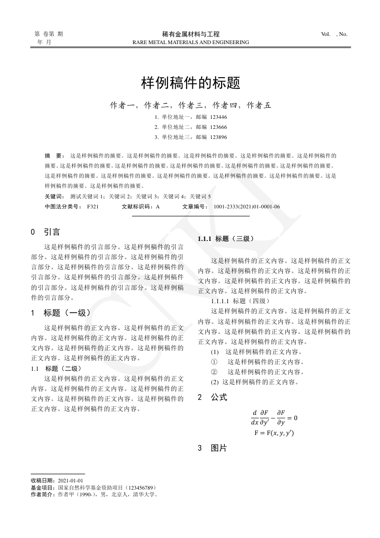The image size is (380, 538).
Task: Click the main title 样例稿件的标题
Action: [190, 83]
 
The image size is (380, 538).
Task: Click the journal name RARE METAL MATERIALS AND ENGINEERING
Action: [190, 42]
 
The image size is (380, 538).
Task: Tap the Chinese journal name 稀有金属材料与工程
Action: [190, 34]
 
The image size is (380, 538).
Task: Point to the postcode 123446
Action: [218, 117]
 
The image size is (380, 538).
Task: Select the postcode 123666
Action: [218, 127]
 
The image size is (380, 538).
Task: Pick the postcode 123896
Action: [218, 137]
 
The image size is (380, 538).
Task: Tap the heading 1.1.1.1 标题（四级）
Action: [240, 301]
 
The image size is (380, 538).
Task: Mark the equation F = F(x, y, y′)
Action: [274, 433]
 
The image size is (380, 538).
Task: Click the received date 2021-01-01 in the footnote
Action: [70, 480]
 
